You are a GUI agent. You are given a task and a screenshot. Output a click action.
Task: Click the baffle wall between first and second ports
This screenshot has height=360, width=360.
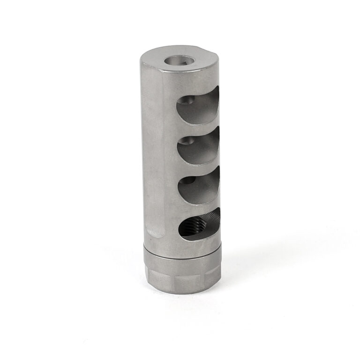[197, 129]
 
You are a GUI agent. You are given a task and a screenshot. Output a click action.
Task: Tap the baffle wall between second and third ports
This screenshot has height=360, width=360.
[197, 169]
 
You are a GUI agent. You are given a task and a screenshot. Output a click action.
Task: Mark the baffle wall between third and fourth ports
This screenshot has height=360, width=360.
[197, 208]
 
